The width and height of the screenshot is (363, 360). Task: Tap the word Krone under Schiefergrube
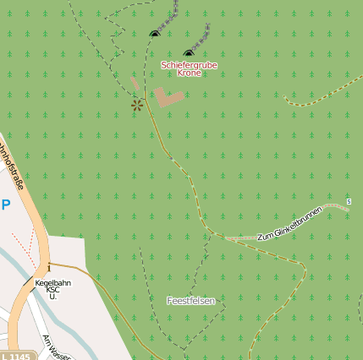(x=190, y=74)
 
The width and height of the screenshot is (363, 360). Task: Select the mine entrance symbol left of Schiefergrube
(x=154, y=33)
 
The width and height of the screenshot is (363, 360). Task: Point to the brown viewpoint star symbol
(x=136, y=105)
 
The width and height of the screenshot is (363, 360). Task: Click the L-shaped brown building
(x=168, y=96)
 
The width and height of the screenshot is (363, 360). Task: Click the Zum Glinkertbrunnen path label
(x=289, y=223)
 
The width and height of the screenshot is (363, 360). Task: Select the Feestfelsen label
(x=190, y=301)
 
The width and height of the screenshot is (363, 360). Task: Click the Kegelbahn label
(x=52, y=281)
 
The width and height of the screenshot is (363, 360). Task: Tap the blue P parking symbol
(x=6, y=205)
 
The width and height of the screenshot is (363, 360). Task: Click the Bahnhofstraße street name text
(x=12, y=169)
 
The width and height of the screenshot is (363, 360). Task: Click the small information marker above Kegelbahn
(x=37, y=267)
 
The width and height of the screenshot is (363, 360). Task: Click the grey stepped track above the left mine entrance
(x=169, y=19)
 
